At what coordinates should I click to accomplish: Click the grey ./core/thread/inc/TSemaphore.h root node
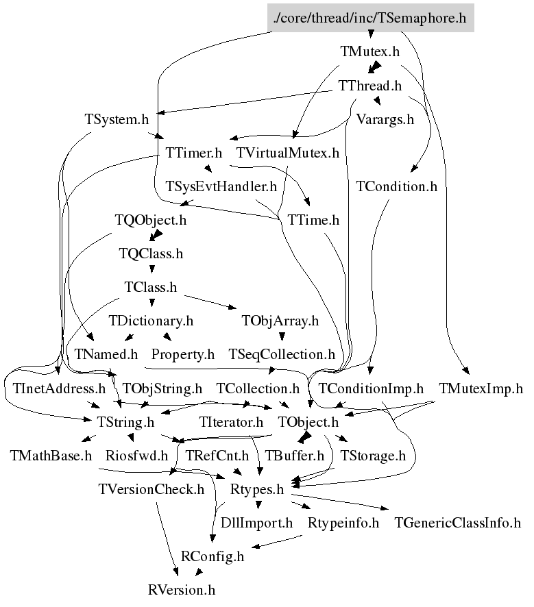(x=370, y=18)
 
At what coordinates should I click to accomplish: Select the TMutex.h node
(x=369, y=51)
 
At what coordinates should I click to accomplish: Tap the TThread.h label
(x=370, y=86)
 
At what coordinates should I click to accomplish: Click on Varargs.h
(x=385, y=119)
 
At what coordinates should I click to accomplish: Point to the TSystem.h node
(x=117, y=119)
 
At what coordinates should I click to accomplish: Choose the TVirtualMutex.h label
(x=288, y=152)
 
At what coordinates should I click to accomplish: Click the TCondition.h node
(x=397, y=186)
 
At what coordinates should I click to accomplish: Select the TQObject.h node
(x=150, y=221)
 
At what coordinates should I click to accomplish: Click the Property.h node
(x=183, y=354)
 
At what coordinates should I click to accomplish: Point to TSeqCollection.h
(x=282, y=354)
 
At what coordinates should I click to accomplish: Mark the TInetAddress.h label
(x=59, y=388)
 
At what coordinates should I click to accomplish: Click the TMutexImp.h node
(x=481, y=388)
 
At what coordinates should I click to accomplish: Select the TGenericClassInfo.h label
(x=457, y=523)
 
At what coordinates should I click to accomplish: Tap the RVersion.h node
(x=182, y=589)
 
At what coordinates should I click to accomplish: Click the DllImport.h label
(x=256, y=523)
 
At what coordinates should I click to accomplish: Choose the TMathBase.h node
(x=51, y=455)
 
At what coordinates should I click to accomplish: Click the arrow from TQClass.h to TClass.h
(x=151, y=270)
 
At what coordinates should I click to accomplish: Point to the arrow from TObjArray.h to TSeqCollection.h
(x=281, y=337)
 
